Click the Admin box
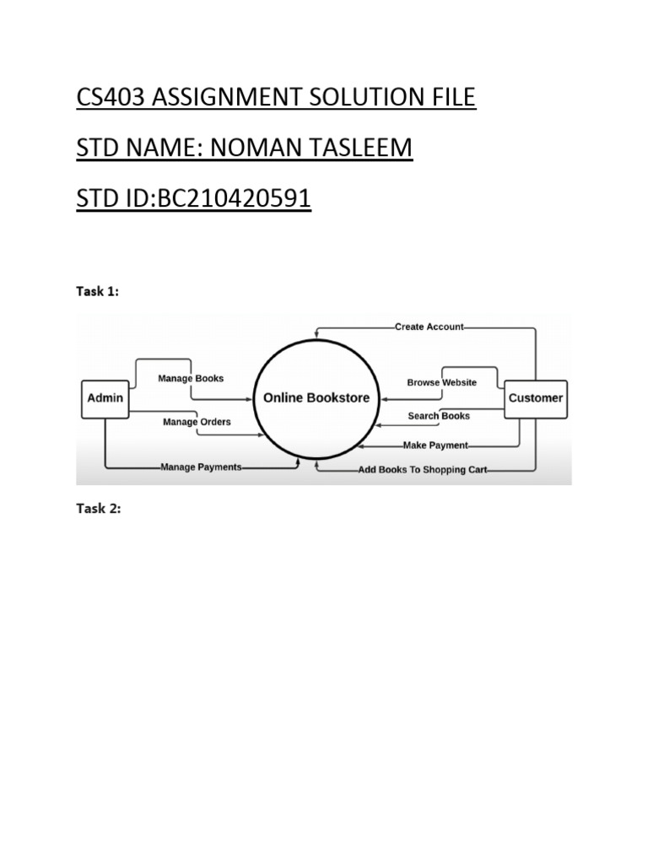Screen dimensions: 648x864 point(105,398)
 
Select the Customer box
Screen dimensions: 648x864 point(535,398)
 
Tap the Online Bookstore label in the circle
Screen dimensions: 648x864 point(316,398)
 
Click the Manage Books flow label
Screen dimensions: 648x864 point(191,379)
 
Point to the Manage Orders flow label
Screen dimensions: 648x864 point(197,422)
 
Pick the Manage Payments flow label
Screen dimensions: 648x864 point(201,467)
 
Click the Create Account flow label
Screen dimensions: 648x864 point(429,327)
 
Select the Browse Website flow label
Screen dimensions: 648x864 point(441,382)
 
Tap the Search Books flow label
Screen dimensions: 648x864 point(439,416)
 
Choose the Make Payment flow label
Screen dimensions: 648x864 point(435,445)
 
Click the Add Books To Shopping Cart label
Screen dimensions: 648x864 point(422,470)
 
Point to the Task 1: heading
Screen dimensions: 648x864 point(98,291)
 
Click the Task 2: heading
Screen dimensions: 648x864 point(99,509)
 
